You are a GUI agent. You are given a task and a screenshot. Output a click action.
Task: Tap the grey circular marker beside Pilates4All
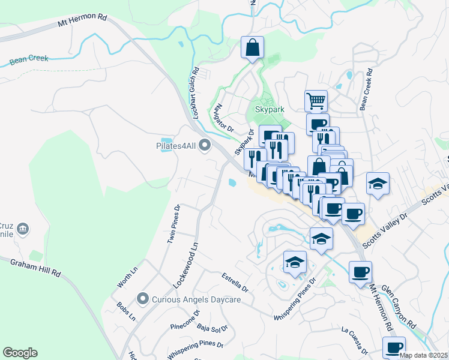point(205,145)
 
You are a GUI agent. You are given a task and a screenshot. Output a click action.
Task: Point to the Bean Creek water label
point(29,59)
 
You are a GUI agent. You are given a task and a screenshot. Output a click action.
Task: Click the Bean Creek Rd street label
point(366,89)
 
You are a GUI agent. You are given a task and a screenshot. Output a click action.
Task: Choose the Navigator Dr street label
point(223,116)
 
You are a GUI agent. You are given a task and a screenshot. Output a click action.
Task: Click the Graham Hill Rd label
point(36,268)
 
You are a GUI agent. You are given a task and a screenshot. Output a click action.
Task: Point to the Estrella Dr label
point(235,280)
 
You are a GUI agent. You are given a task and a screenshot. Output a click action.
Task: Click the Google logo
point(20,353)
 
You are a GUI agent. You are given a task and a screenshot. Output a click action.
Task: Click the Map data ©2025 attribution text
point(423,355)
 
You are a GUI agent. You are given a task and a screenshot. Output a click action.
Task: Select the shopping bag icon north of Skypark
point(253,46)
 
